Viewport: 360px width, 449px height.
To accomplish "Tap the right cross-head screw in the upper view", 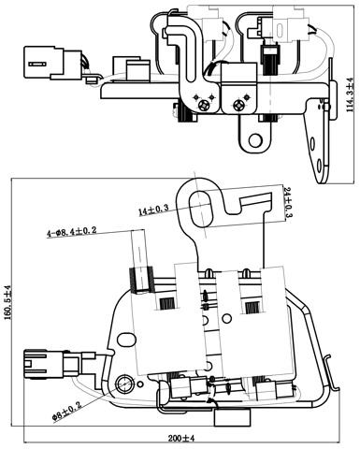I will pyautogui.click(x=242, y=106).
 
